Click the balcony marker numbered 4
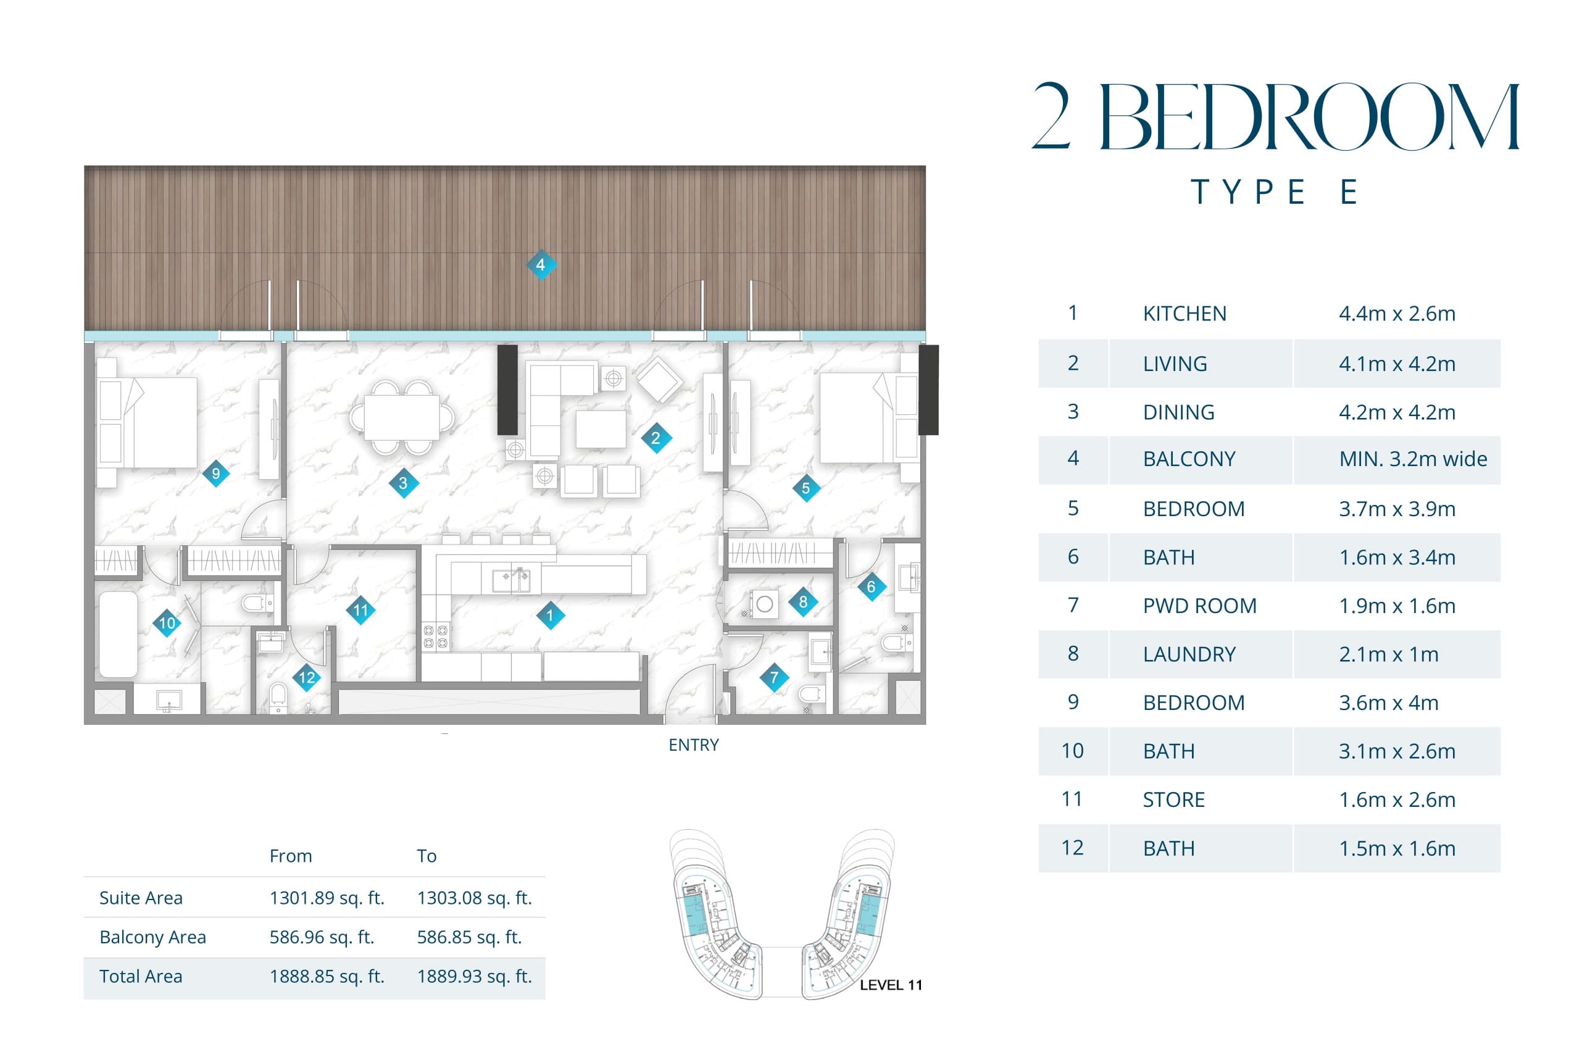[x=541, y=264]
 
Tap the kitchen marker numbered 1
[x=550, y=615]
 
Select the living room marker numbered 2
[x=656, y=438]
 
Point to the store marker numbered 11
[x=360, y=611]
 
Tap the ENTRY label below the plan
[x=693, y=745]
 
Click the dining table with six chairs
[x=401, y=417]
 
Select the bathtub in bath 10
[x=119, y=635]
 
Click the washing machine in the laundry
[x=764, y=604]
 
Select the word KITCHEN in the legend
[x=1184, y=314]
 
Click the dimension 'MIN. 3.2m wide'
[x=1413, y=459]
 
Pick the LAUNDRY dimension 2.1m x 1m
[x=1388, y=654]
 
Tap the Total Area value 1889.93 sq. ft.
[x=475, y=976]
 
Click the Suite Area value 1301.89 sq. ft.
[x=327, y=898]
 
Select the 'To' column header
[x=427, y=856]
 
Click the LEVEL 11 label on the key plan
[x=891, y=985]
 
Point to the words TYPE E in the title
[x=1275, y=192]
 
